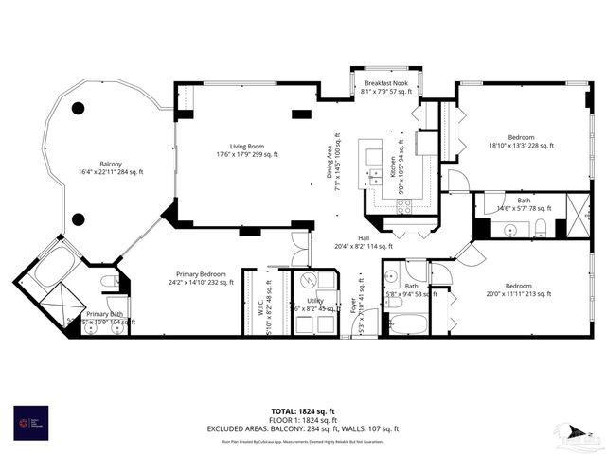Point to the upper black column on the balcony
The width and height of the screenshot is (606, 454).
tap(78, 108)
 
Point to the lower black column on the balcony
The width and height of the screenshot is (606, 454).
tap(78, 219)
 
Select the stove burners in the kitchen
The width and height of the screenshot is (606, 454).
tap(404, 205)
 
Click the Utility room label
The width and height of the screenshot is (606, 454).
tap(315, 304)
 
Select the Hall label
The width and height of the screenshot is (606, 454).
tap(364, 242)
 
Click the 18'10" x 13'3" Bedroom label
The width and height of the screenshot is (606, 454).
tap(520, 141)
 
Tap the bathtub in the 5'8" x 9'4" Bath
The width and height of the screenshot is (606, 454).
tap(407, 324)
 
